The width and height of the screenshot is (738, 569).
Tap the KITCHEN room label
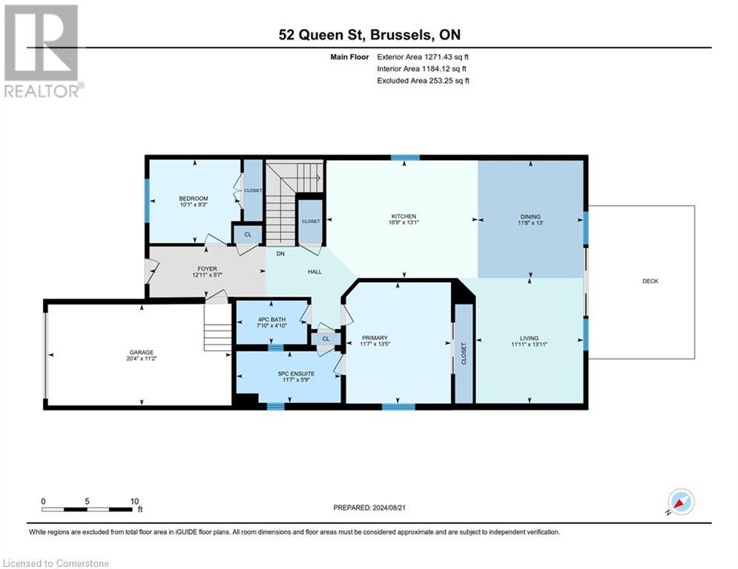[403, 216]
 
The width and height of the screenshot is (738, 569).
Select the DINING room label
[530, 216]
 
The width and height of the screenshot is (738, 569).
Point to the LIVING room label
[530, 338]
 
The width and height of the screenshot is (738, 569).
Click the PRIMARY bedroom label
[375, 338]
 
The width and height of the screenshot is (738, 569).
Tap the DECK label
[650, 281]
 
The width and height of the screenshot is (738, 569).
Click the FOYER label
[207, 269]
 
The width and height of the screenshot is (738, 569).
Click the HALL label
[314, 272]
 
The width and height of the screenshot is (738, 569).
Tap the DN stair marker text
[281, 253]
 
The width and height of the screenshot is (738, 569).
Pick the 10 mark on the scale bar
[135, 501]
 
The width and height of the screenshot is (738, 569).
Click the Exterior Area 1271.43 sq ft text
[424, 56]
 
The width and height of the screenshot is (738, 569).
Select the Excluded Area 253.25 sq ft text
[424, 80]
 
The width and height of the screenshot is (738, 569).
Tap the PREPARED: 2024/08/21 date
[369, 508]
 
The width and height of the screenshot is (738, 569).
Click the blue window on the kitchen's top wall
[405, 157]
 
